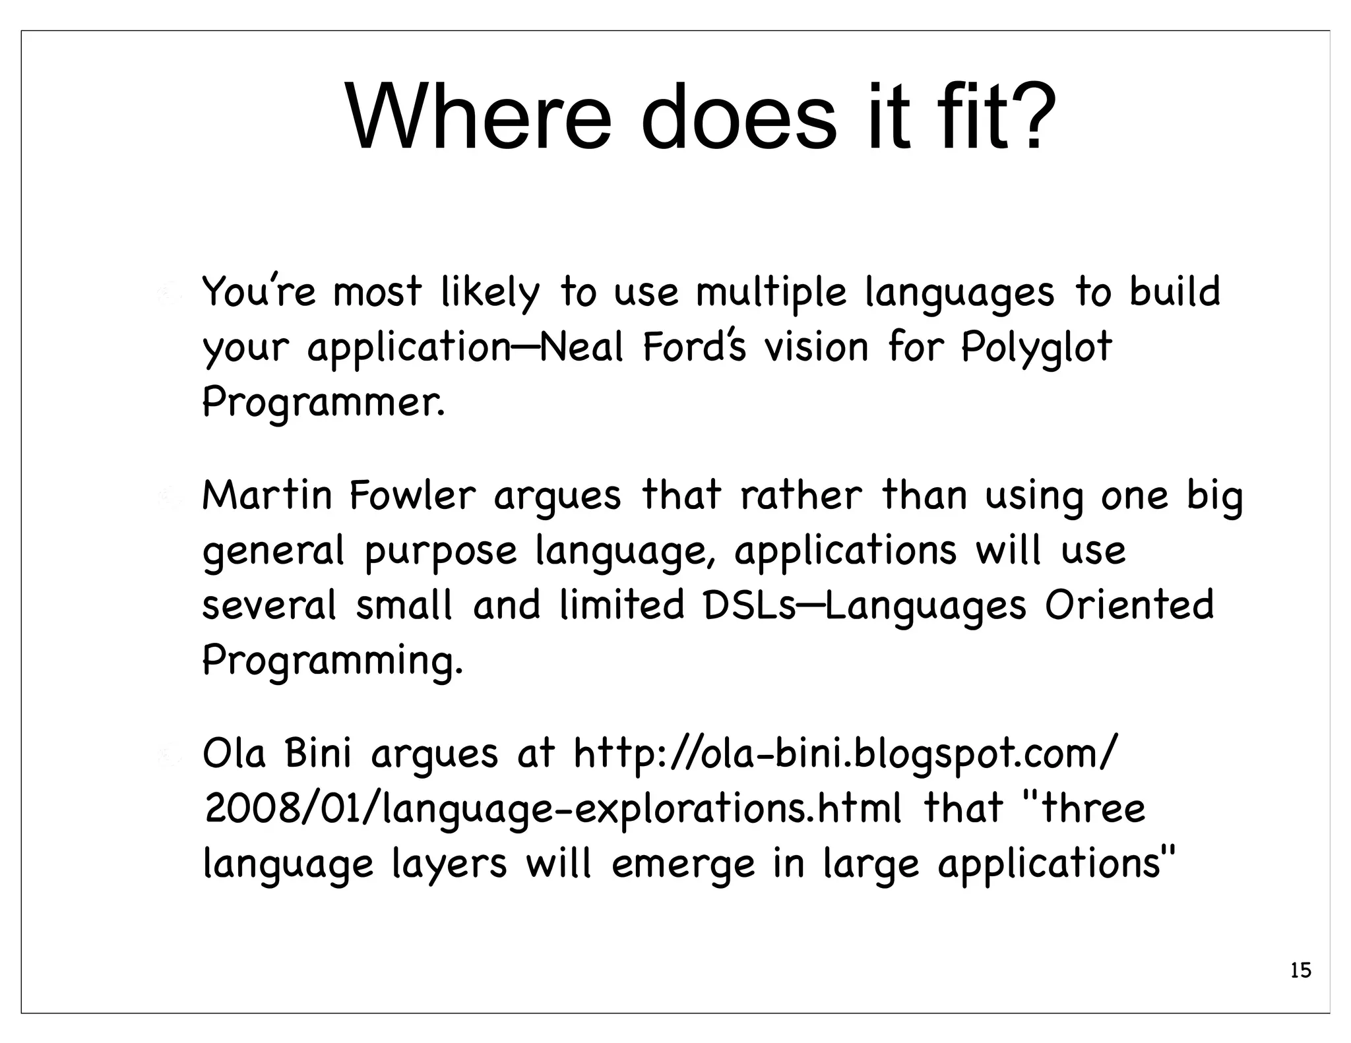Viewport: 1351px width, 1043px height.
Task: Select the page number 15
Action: (1300, 970)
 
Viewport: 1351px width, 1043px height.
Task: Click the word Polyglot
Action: (1036, 348)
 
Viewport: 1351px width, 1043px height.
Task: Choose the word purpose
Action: (441, 552)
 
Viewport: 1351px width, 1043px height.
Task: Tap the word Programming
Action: (332, 661)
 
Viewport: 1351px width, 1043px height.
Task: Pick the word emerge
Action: (683, 865)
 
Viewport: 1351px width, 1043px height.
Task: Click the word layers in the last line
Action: (449, 865)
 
